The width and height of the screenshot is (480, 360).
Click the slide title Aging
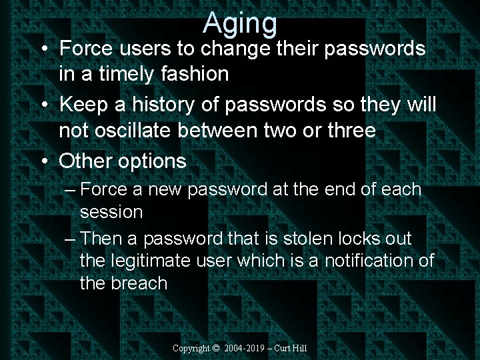(240, 23)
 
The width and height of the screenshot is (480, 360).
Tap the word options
(153, 161)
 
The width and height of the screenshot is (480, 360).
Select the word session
(111, 213)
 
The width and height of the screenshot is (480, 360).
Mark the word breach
(139, 283)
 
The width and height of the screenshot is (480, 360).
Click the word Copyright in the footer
(191, 348)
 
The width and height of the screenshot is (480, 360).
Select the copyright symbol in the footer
(215, 348)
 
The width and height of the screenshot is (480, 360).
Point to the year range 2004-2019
(247, 348)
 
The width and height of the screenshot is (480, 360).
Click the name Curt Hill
(293, 348)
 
